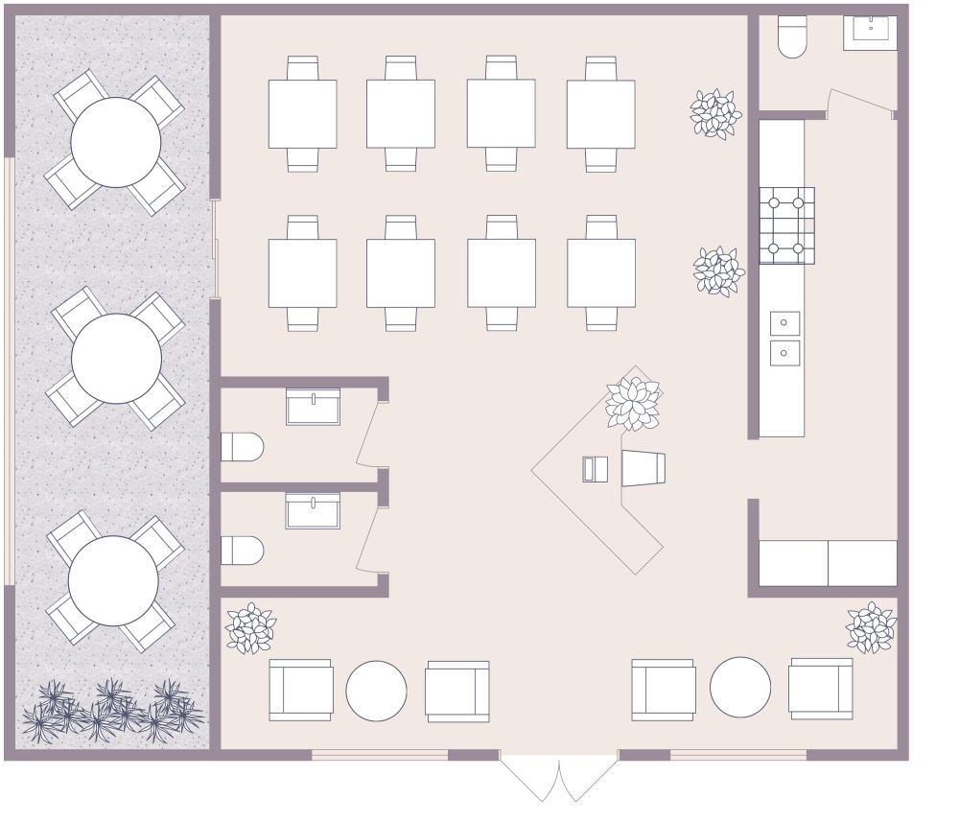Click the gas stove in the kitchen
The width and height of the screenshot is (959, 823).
pyautogui.click(x=786, y=225)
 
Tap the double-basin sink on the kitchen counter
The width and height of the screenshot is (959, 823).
pyautogui.click(x=784, y=338)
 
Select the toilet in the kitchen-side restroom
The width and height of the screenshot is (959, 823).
pyautogui.click(x=792, y=36)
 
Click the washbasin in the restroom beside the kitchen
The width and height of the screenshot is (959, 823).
pyautogui.click(x=870, y=31)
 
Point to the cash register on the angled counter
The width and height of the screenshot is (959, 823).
pyautogui.click(x=595, y=469)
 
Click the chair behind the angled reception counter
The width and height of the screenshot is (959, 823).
pyautogui.click(x=643, y=468)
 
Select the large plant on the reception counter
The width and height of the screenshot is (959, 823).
pyautogui.click(x=633, y=403)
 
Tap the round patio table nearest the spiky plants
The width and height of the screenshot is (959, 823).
pyautogui.click(x=113, y=580)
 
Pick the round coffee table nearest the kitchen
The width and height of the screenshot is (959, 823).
pyautogui.click(x=740, y=687)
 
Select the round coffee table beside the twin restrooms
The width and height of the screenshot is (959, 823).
pyautogui.click(x=376, y=691)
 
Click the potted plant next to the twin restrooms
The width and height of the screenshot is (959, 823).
pyautogui.click(x=249, y=629)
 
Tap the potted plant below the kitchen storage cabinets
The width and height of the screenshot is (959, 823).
pyautogui.click(x=871, y=627)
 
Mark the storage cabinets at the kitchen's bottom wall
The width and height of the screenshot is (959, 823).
pyautogui.click(x=828, y=563)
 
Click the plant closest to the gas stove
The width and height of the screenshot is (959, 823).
pyautogui.click(x=718, y=270)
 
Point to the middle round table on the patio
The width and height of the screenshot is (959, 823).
pyautogui.click(x=116, y=359)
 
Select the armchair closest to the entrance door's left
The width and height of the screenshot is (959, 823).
pyautogui.click(x=457, y=691)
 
